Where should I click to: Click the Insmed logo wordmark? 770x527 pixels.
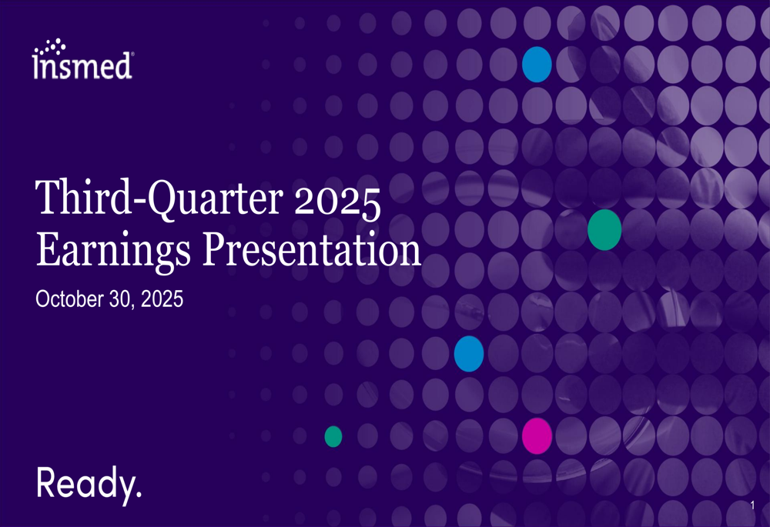tap(82, 59)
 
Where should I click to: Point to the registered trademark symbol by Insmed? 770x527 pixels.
tap(132, 54)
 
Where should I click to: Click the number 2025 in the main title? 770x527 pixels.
tap(337, 201)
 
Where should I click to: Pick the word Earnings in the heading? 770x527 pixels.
tap(113, 252)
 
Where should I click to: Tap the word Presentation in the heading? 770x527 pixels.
tap(313, 249)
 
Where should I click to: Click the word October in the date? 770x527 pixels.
tap(69, 299)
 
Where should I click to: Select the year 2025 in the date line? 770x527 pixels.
tap(162, 299)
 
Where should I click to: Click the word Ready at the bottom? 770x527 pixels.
tap(85, 484)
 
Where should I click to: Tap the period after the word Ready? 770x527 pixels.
tap(138, 494)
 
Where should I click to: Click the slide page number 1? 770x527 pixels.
tap(752, 505)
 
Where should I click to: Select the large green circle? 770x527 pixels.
tap(604, 229)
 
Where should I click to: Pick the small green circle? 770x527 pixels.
tap(333, 436)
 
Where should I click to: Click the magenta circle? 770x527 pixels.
tap(537, 435)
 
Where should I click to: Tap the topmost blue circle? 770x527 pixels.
tap(537, 65)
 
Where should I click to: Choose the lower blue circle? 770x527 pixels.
tap(469, 354)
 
